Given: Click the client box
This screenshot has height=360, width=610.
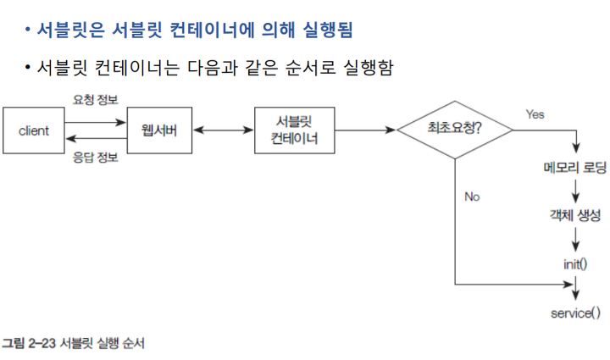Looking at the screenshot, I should [x=34, y=130].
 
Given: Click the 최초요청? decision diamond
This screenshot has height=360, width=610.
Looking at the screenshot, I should [x=456, y=130].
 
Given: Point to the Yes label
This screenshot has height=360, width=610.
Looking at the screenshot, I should [x=535, y=114].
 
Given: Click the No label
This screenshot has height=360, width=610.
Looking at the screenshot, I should [x=472, y=197].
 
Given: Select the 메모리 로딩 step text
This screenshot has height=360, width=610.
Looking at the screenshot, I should [x=575, y=167].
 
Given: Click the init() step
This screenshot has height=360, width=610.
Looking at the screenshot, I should [x=575, y=263].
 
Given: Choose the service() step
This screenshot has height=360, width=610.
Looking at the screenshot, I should [x=575, y=313].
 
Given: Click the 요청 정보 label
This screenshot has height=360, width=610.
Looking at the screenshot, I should [x=92, y=99].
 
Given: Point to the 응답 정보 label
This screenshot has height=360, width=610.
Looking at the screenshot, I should [x=92, y=158].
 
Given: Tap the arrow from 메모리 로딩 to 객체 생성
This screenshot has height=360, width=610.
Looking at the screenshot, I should [x=575, y=191].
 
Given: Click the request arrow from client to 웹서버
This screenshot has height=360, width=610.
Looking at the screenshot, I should [x=92, y=122].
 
